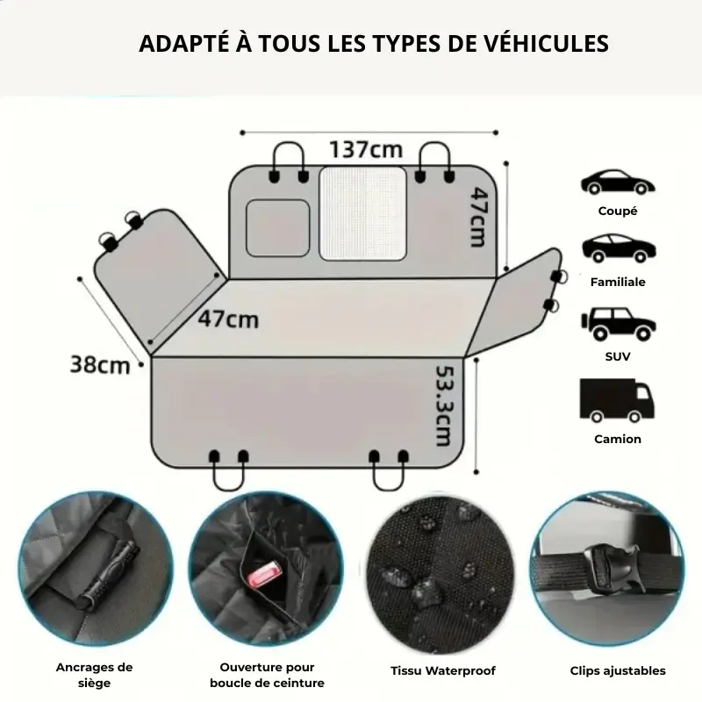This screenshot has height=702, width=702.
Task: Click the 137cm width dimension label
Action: click(x=366, y=149)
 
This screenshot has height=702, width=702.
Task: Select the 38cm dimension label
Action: click(x=100, y=364)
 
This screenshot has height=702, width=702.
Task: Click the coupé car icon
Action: click(x=618, y=182)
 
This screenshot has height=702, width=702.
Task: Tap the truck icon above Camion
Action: click(x=617, y=400)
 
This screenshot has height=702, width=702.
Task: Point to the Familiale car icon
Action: click(x=619, y=248)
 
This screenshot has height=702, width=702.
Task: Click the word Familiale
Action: click(x=618, y=282)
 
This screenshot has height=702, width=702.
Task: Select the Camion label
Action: click(x=618, y=439)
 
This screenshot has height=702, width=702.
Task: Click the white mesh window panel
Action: click(x=362, y=213)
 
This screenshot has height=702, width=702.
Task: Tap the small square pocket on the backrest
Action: click(x=277, y=228)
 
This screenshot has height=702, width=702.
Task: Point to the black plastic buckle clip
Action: click(x=613, y=570)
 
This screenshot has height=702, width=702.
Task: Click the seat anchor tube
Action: click(x=108, y=572)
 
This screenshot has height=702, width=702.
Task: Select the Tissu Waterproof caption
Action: click(x=443, y=670)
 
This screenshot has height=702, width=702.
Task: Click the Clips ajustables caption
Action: click(x=618, y=670)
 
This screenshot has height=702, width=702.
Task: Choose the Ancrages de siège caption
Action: click(x=94, y=675)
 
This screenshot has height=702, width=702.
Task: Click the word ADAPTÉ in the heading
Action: click(x=185, y=44)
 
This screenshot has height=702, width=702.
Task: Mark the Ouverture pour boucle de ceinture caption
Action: click(x=267, y=675)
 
